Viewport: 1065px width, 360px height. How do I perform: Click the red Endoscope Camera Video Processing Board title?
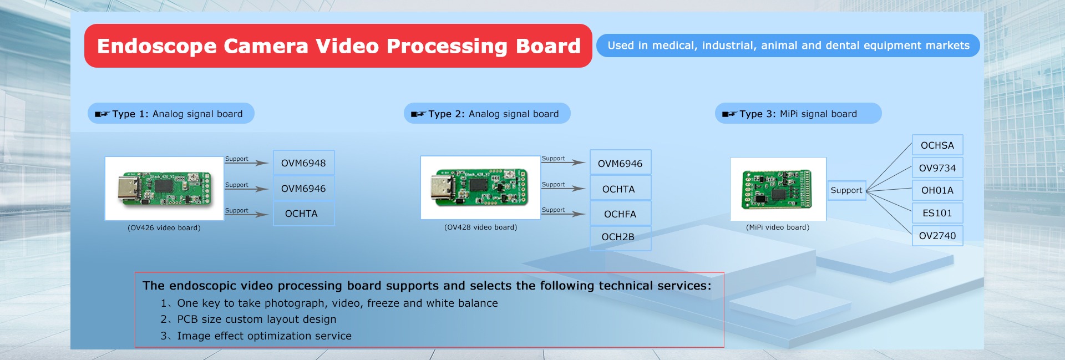click(x=338, y=46)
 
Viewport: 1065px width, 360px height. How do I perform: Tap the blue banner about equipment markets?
click(x=788, y=45)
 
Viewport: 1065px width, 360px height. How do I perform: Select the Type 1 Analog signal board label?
click(x=171, y=114)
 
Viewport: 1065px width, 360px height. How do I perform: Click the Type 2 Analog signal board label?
click(x=487, y=114)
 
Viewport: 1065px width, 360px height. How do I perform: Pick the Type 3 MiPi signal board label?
click(x=798, y=114)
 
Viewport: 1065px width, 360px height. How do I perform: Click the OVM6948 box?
click(x=303, y=163)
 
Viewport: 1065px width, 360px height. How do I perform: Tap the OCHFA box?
click(x=620, y=214)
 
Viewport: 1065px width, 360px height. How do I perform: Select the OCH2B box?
click(x=620, y=237)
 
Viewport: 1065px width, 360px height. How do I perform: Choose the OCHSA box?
click(x=937, y=145)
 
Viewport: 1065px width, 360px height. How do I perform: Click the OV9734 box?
click(x=937, y=168)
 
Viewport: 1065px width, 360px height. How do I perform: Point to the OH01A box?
click(x=937, y=190)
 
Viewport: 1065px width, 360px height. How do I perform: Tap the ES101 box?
click(x=937, y=213)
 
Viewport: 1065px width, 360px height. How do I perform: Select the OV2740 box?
click(x=937, y=236)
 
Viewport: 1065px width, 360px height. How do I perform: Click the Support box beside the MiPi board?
click(x=846, y=190)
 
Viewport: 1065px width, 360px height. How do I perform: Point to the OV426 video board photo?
click(x=164, y=189)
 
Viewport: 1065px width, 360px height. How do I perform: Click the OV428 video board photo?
click(x=480, y=187)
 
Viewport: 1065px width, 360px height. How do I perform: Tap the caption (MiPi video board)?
click(x=778, y=227)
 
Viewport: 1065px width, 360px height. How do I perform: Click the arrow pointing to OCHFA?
click(x=563, y=214)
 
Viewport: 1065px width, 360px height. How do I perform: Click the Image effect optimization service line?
click(x=256, y=336)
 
